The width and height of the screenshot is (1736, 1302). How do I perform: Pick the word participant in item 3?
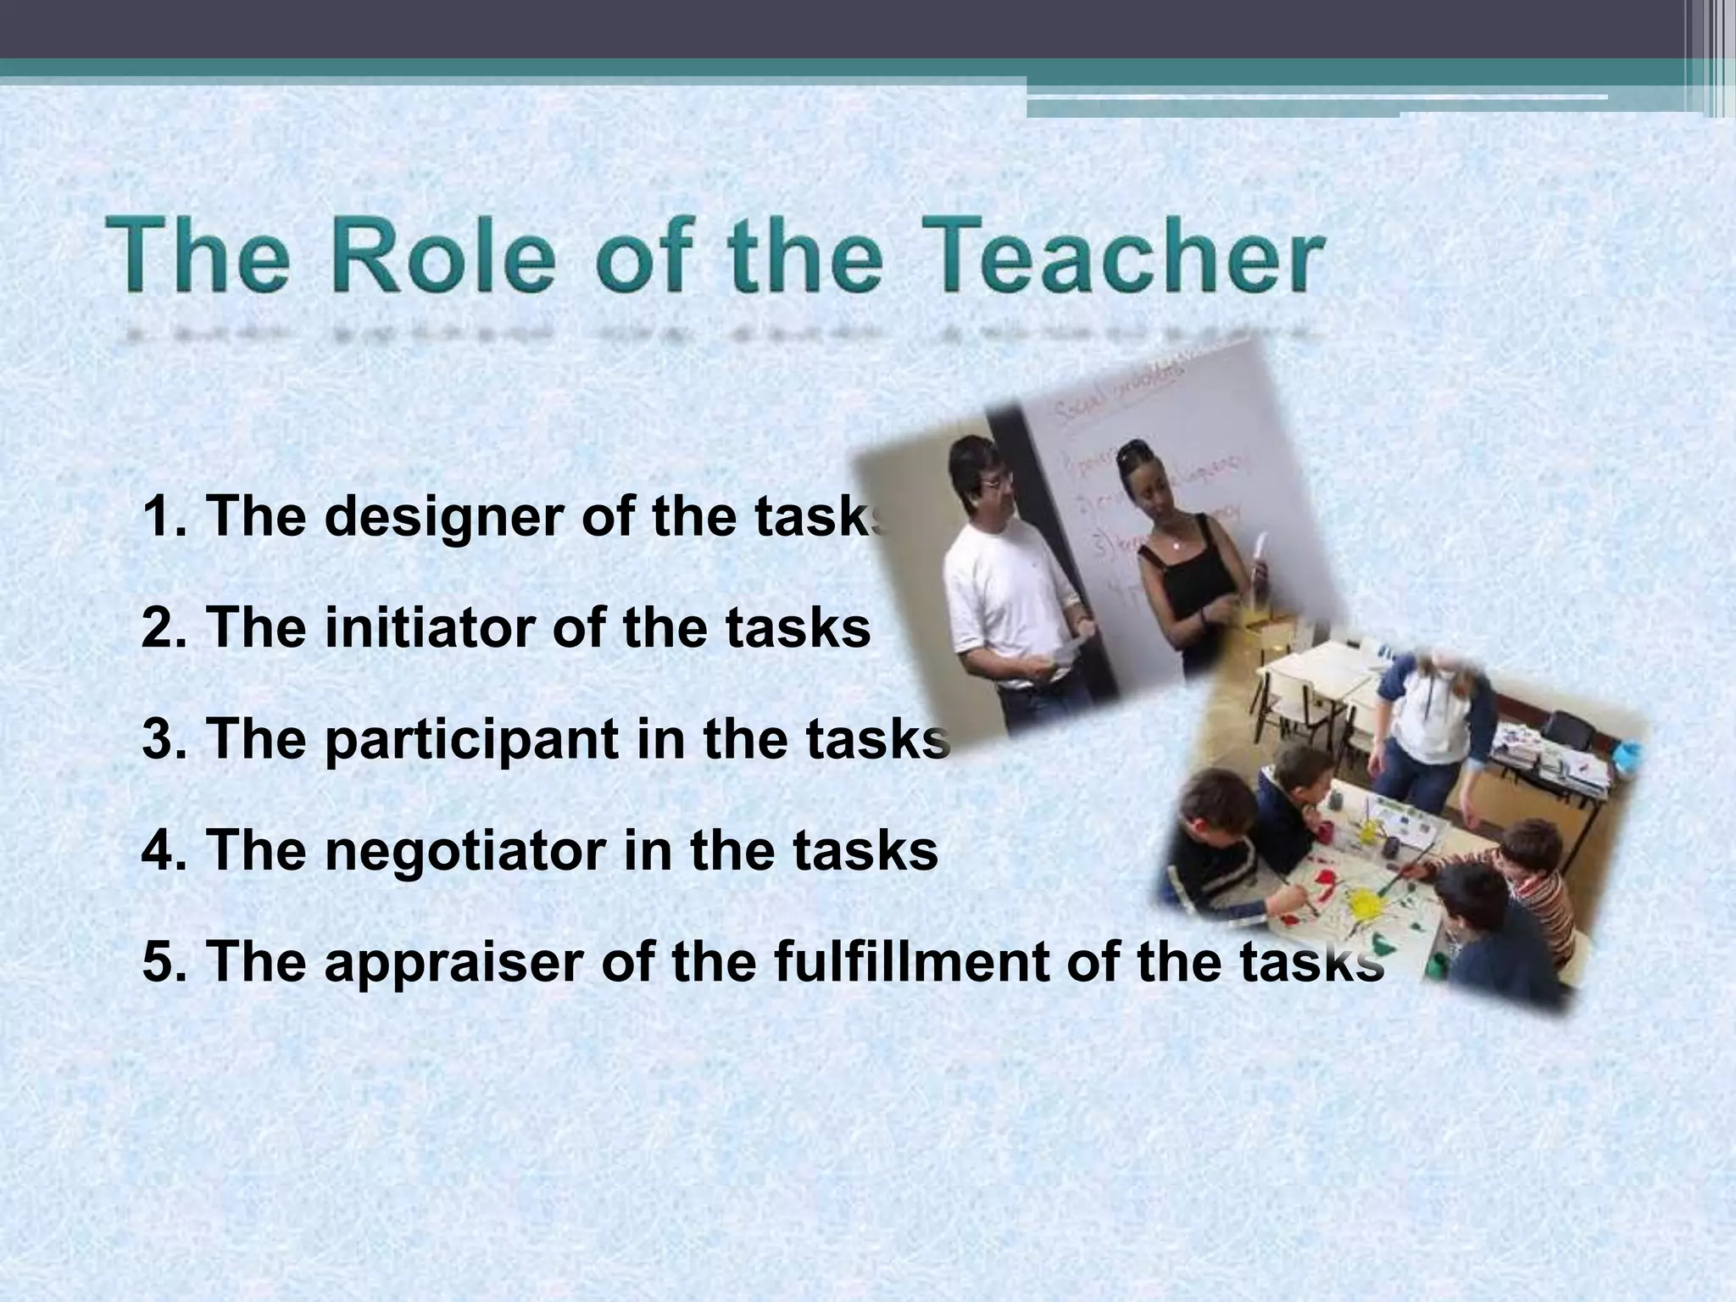point(470,739)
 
